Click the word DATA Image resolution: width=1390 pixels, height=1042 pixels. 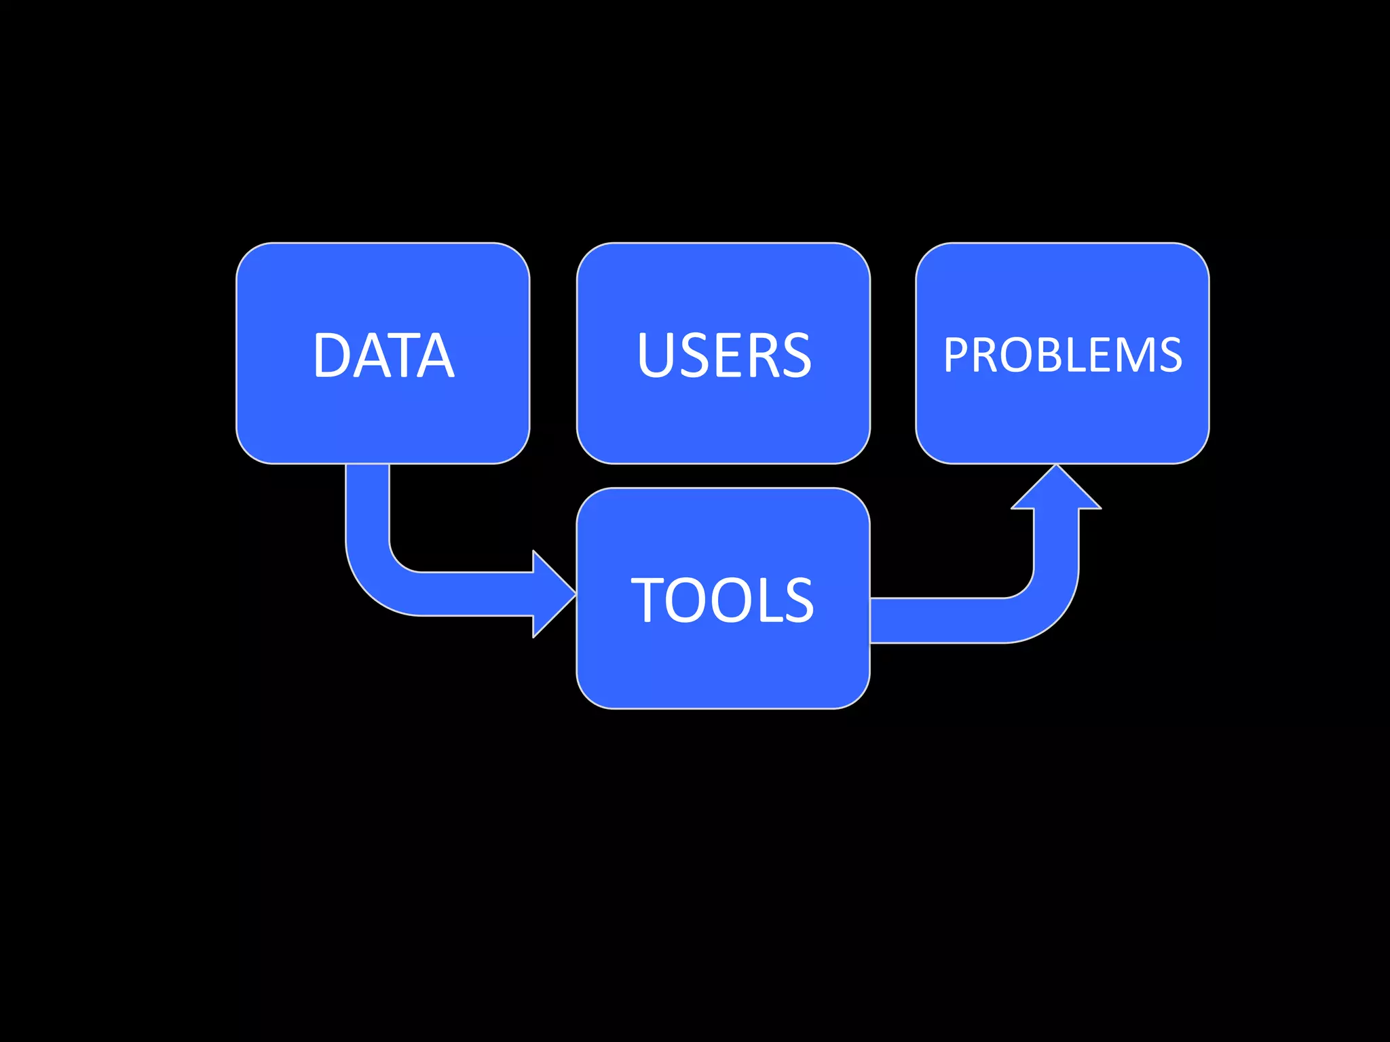pyautogui.click(x=383, y=355)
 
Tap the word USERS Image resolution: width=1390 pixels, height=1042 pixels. pyautogui.click(x=724, y=355)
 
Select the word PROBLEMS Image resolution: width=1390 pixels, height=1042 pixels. pyautogui.click(x=1062, y=355)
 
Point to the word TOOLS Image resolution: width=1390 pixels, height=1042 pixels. pyautogui.click(x=722, y=600)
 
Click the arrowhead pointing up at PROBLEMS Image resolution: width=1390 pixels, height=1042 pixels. pyautogui.click(x=1056, y=488)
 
